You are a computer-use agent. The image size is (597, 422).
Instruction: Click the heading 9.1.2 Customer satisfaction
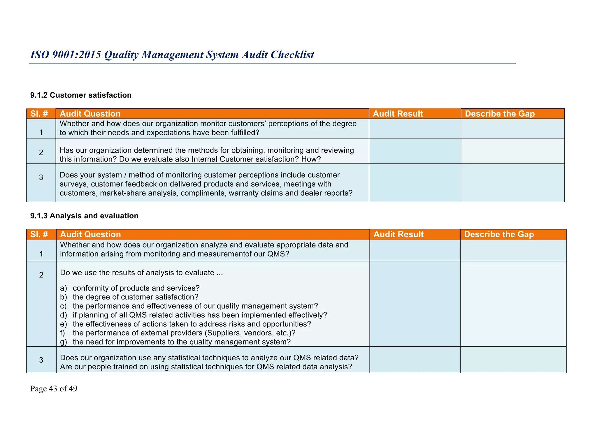click(x=81, y=95)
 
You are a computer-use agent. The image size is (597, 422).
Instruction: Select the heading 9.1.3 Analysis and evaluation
click(x=84, y=216)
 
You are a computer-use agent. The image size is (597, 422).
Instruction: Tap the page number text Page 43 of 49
click(x=54, y=389)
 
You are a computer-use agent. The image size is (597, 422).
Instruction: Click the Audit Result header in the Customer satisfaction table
click(x=398, y=114)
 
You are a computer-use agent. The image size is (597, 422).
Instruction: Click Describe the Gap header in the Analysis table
click(x=499, y=235)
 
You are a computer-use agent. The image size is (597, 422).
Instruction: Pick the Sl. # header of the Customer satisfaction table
click(x=39, y=114)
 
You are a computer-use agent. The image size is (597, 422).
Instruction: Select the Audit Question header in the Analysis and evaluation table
click(x=90, y=235)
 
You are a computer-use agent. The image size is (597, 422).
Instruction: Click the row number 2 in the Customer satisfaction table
click(x=41, y=153)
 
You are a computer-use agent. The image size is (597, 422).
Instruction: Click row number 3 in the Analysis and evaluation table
click(x=41, y=360)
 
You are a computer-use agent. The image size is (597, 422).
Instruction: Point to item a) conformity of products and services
click(x=130, y=288)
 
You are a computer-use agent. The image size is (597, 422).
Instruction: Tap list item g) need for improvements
click(x=175, y=342)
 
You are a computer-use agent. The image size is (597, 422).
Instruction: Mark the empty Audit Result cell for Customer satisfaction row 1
click(x=415, y=129)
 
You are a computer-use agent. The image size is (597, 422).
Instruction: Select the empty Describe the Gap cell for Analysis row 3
click(x=513, y=360)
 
